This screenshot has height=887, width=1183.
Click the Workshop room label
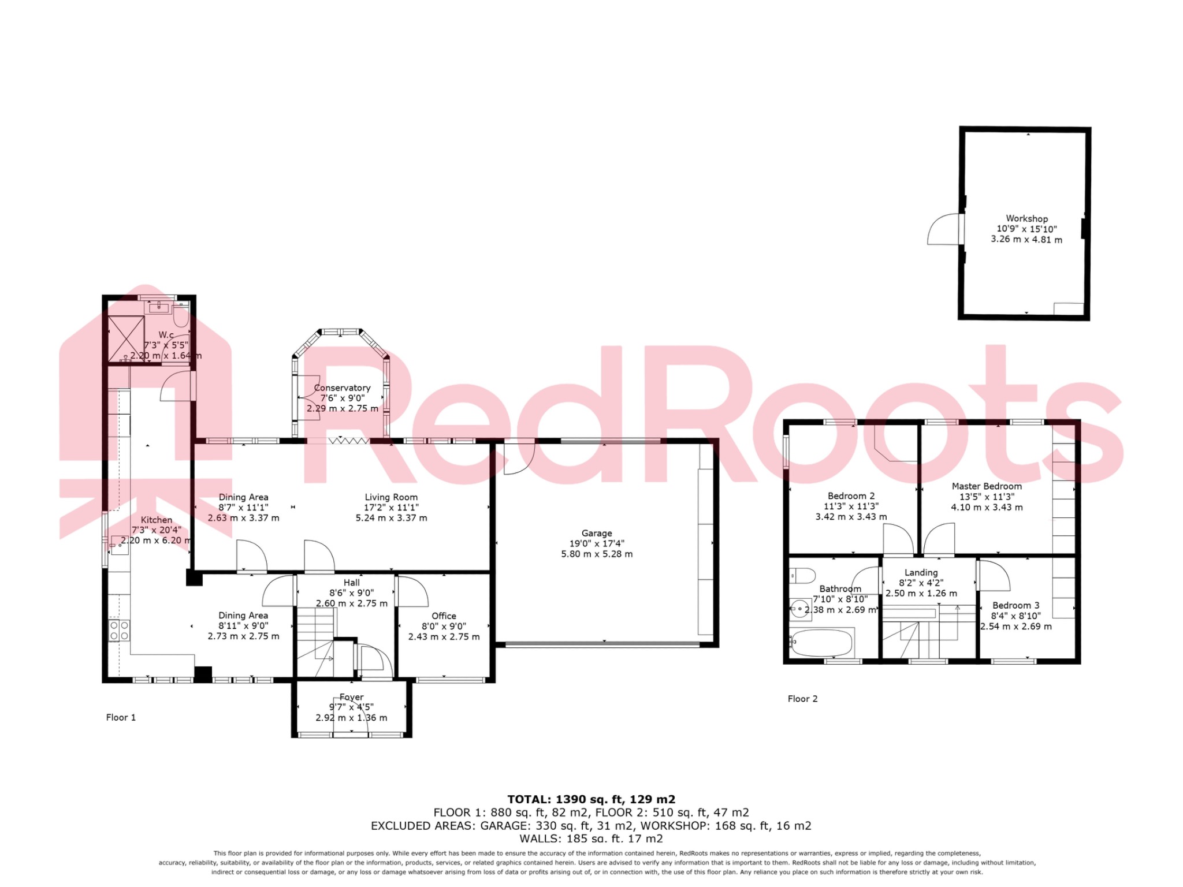coord(1026,219)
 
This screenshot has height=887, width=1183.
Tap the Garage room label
coord(597,534)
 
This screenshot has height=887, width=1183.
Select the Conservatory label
coord(342,388)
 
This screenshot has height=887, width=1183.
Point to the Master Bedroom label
coord(987,486)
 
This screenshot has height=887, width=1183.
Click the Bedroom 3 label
coord(1015,605)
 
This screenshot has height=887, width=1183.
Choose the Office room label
coord(444,616)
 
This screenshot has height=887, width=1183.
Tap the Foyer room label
coord(351,697)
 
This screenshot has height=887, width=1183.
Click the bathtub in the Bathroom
coord(821,642)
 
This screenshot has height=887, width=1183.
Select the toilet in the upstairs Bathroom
coord(802,575)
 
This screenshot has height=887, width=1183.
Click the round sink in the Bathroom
coord(799,608)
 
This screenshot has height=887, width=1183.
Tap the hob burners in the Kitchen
coord(120,631)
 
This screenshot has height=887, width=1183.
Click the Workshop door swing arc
coord(943,229)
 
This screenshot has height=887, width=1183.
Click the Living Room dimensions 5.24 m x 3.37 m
coord(391,518)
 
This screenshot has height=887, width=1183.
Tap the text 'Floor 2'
coord(802,699)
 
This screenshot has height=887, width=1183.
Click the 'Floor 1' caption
coord(121,717)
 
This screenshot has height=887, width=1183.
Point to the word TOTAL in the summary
coord(529,800)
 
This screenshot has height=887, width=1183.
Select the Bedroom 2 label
coord(851,496)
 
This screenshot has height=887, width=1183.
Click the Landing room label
coord(921,573)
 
